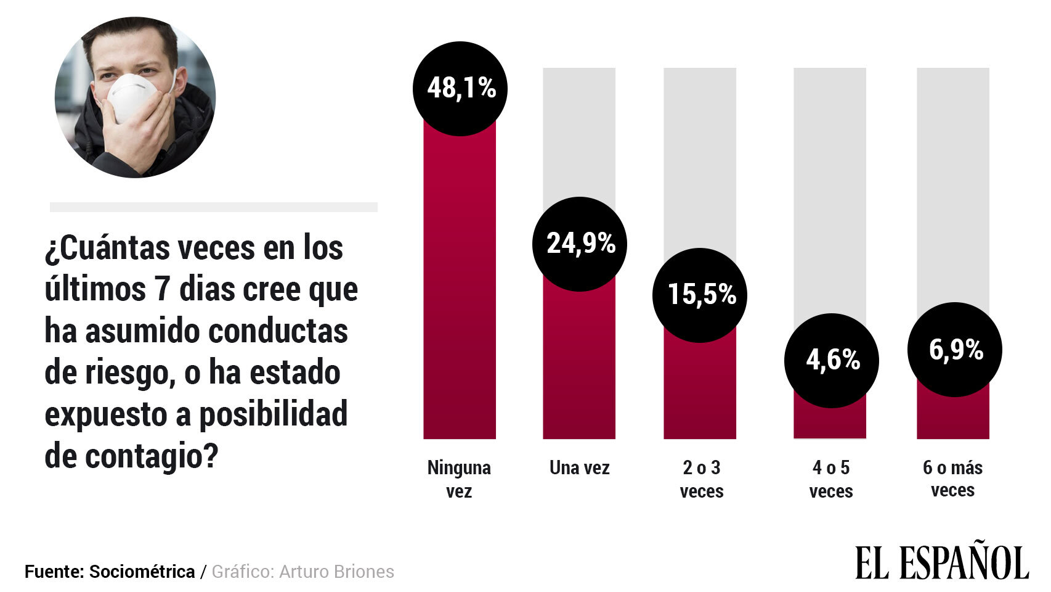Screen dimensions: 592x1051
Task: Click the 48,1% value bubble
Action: pos(460,88)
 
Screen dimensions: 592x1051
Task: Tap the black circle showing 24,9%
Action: pos(579,244)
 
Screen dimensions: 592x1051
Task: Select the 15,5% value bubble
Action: pos(700,295)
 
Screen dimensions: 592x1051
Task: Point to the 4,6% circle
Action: pos(831,360)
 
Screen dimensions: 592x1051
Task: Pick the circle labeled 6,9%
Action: pos(954,350)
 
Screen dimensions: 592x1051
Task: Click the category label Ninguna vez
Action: pos(459,479)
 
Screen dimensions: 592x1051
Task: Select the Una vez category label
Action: pos(579,468)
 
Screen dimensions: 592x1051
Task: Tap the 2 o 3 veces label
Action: pos(701,479)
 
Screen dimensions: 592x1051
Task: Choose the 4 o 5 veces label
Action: pos(830,479)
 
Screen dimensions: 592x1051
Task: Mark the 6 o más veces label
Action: pos(952,479)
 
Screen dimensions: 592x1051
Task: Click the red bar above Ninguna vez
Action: pos(460,284)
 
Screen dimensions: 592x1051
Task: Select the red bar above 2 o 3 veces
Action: pos(700,388)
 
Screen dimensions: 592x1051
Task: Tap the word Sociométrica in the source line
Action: pos(142,572)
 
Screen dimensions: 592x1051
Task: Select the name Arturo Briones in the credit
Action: pos(336,572)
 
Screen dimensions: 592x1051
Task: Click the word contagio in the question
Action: pos(152,456)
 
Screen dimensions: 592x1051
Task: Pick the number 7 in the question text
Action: pos(162,289)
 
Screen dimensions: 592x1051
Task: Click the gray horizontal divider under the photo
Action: pos(213,207)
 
